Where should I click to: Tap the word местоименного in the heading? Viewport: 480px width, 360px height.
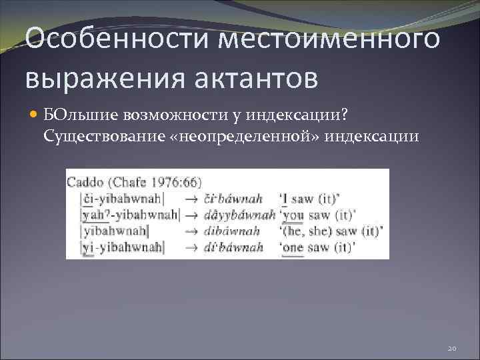[x=330, y=39]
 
